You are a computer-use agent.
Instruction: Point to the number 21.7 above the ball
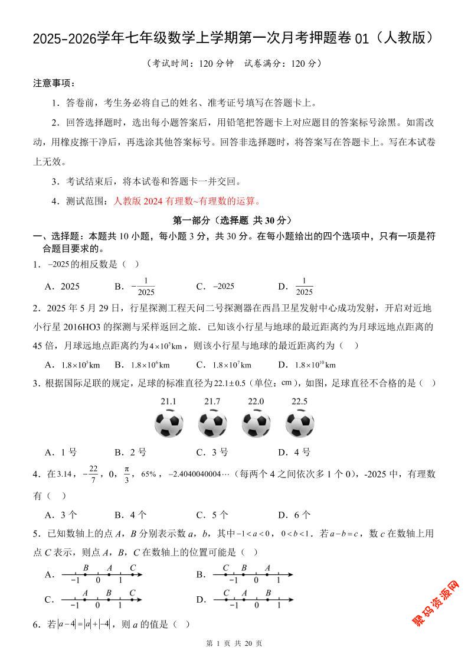pyautogui.click(x=212, y=402)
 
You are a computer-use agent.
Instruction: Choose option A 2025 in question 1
pyautogui.click(x=63, y=287)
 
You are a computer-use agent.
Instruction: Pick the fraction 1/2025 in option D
pyautogui.click(x=304, y=287)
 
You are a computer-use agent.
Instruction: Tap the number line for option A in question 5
pyautogui.click(x=102, y=574)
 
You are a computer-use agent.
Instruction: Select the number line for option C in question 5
pyautogui.click(x=102, y=600)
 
